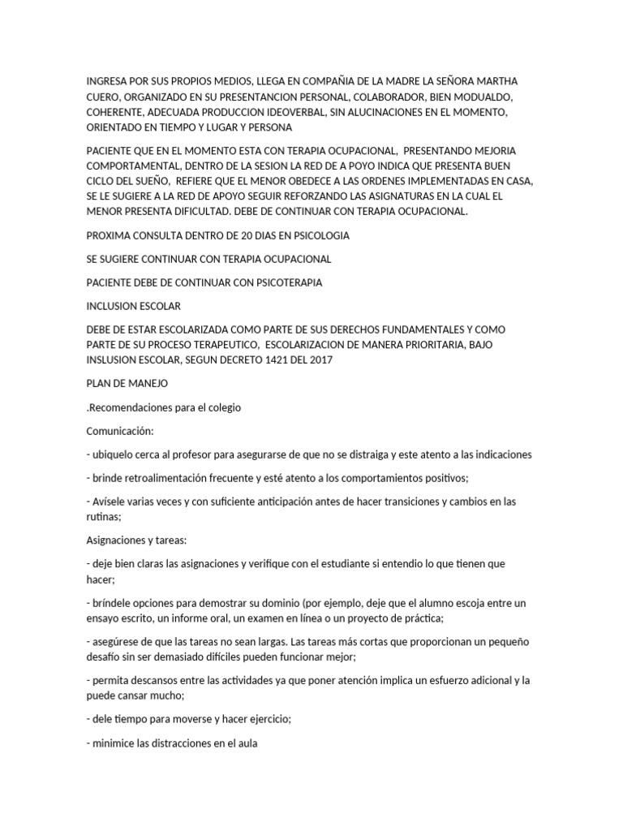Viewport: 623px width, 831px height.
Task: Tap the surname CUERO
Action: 104,97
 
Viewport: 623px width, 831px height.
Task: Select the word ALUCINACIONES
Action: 375,113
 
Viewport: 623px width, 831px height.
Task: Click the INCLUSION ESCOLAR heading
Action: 133,307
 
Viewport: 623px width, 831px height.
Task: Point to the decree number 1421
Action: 258,360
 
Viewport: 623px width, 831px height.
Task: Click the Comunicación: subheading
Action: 119,431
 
